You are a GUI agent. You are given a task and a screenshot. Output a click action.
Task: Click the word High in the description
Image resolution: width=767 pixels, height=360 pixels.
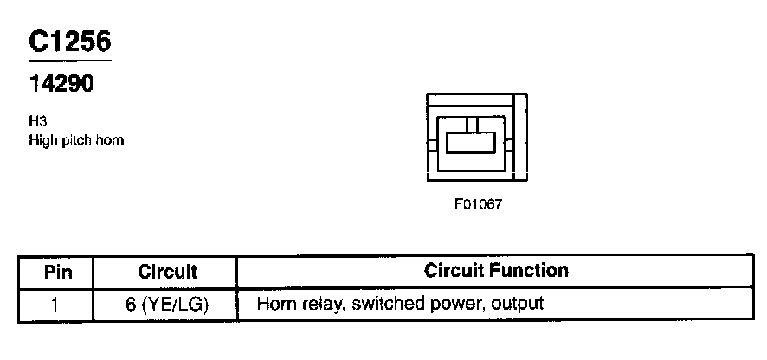click(42, 140)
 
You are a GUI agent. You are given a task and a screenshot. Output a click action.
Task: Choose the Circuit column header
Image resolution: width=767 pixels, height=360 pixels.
click(167, 272)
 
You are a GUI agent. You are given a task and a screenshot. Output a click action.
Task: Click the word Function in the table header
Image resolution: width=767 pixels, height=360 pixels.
click(532, 271)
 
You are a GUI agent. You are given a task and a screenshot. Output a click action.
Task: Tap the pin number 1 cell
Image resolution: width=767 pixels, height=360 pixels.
click(55, 305)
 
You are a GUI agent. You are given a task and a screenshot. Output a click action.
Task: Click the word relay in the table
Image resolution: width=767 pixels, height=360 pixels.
click(315, 305)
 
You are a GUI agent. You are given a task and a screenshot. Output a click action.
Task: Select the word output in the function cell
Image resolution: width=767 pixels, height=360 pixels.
click(519, 305)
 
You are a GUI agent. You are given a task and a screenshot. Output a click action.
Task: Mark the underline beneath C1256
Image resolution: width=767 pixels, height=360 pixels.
click(69, 62)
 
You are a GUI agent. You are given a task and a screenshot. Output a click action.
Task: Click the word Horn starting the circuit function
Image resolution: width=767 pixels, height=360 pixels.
click(275, 305)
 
